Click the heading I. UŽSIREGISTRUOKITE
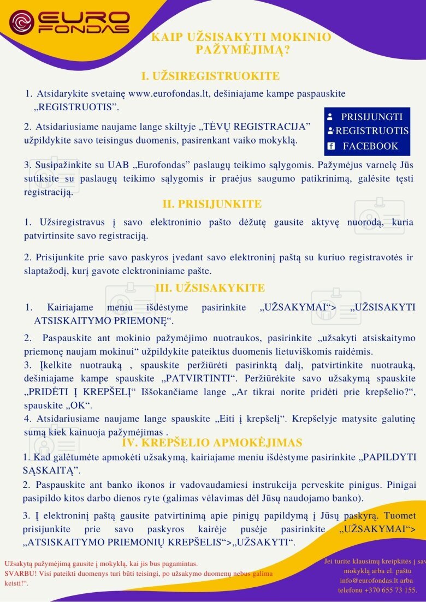pos(210,76)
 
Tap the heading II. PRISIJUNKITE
pos(212,204)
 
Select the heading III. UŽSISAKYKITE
pos(210,288)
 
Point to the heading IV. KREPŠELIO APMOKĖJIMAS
pos(212,442)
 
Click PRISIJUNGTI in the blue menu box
pos(372,116)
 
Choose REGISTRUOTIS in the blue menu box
pos(372,131)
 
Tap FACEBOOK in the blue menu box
pos(370,146)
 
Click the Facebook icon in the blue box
pos(330,146)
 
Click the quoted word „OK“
pos(80,405)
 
